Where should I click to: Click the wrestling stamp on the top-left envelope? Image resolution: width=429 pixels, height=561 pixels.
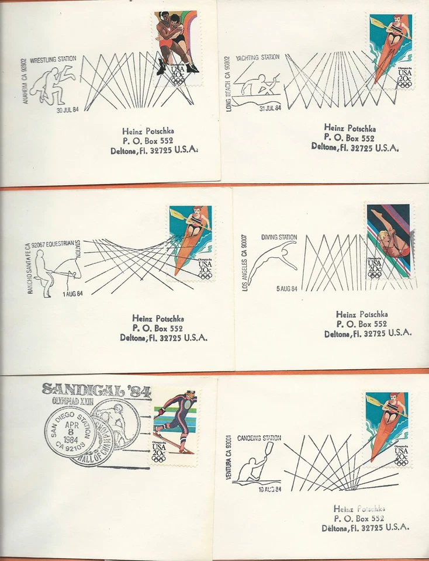click(x=177, y=47)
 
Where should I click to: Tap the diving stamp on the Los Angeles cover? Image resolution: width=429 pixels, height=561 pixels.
click(x=389, y=241)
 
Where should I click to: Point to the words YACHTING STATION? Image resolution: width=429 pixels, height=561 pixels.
click(x=257, y=58)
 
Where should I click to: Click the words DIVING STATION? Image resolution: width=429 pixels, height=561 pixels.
click(x=279, y=237)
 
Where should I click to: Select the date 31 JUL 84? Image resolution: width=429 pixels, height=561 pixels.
click(x=270, y=108)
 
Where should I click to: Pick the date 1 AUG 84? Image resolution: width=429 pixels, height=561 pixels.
click(x=72, y=293)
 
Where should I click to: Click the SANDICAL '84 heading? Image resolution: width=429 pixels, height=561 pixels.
click(x=96, y=389)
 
